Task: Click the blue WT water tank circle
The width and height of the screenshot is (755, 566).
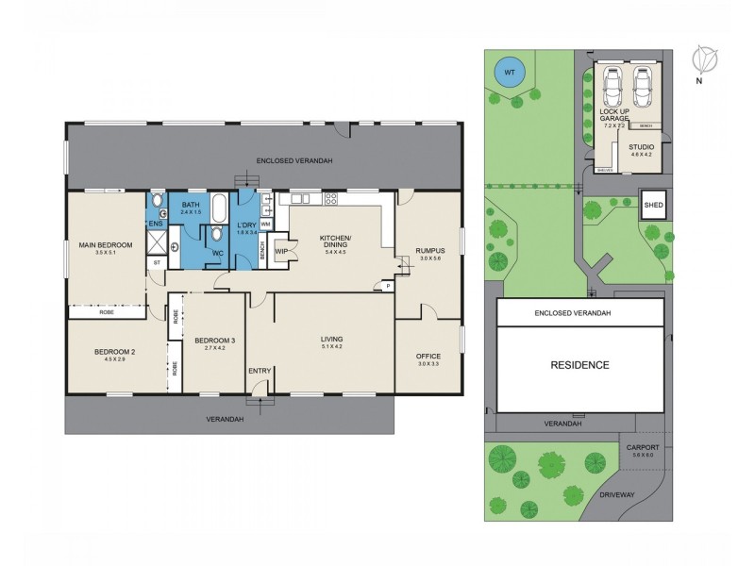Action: click(x=509, y=72)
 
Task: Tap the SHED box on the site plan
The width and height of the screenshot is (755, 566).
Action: click(x=653, y=205)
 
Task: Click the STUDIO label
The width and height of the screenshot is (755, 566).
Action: click(x=641, y=148)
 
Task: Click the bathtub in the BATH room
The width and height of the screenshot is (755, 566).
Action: click(x=218, y=206)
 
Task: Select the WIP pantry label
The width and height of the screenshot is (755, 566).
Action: click(x=280, y=251)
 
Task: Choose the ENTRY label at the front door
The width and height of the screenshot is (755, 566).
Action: click(x=260, y=371)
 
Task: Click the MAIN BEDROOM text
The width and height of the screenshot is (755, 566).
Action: click(x=106, y=245)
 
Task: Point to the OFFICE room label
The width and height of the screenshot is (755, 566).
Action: click(x=428, y=356)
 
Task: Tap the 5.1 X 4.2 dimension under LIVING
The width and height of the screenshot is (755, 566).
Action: click(x=331, y=347)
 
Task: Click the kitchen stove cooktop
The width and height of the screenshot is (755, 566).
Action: click(x=330, y=198)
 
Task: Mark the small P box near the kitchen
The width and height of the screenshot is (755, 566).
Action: click(x=387, y=286)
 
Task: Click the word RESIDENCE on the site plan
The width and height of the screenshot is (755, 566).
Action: click(x=581, y=365)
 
